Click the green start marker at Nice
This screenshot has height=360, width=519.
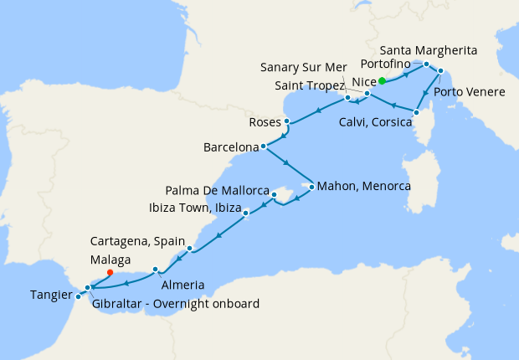tap(382, 81)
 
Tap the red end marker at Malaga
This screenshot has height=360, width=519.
tap(110, 271)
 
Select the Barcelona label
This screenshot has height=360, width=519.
tap(230, 147)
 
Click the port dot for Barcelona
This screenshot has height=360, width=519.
tap(264, 147)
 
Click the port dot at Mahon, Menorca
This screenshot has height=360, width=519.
tap(311, 187)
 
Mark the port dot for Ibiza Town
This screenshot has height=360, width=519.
tap(246, 213)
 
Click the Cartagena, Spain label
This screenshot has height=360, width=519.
tap(137, 240)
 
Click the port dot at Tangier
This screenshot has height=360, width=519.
tap(78, 296)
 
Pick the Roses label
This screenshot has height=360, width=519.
tap(265, 122)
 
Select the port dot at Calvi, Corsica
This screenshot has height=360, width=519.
tap(416, 111)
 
